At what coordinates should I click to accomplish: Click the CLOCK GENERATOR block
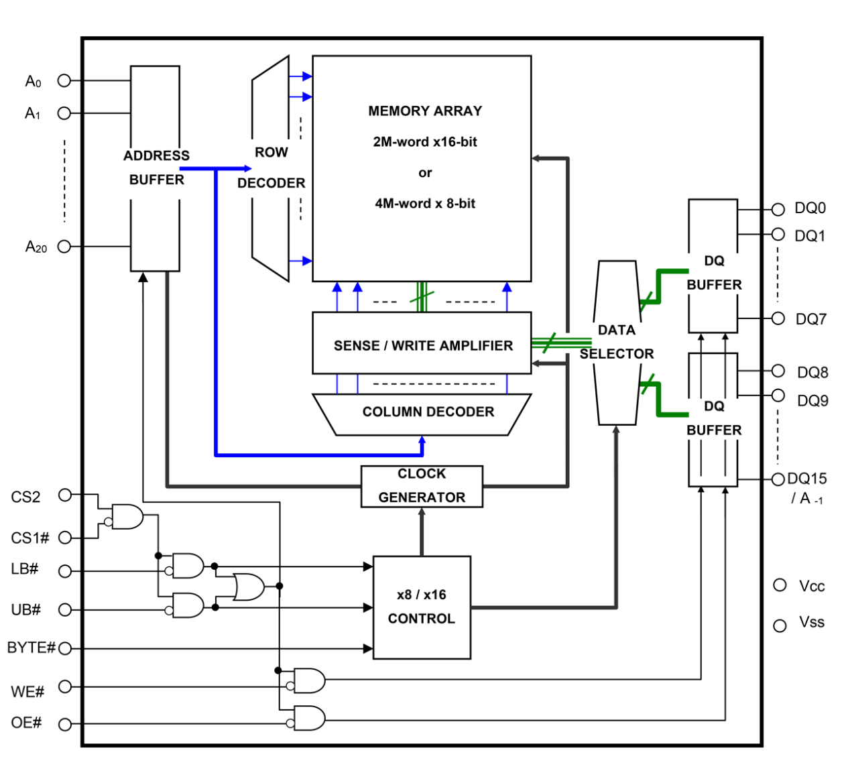[422, 486]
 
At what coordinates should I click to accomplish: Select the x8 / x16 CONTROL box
[422, 607]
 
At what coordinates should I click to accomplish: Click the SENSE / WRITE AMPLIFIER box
[422, 345]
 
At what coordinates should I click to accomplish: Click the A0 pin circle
[64, 80]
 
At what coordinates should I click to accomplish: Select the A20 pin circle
[64, 247]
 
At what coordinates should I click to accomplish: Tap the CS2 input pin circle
[65, 495]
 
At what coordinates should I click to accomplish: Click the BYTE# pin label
[31, 648]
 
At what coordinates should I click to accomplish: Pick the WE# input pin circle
[65, 686]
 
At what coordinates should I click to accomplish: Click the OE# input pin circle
[65, 724]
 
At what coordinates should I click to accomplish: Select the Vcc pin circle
[780, 585]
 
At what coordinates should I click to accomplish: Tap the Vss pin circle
[780, 625]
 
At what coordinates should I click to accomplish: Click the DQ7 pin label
[810, 319]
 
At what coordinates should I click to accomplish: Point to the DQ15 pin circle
[778, 479]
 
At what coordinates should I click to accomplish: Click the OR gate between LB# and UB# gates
[248, 587]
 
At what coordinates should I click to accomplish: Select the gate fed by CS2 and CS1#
[127, 516]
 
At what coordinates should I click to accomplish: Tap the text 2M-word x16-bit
[425, 141]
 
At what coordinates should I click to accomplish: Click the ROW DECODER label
[271, 168]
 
